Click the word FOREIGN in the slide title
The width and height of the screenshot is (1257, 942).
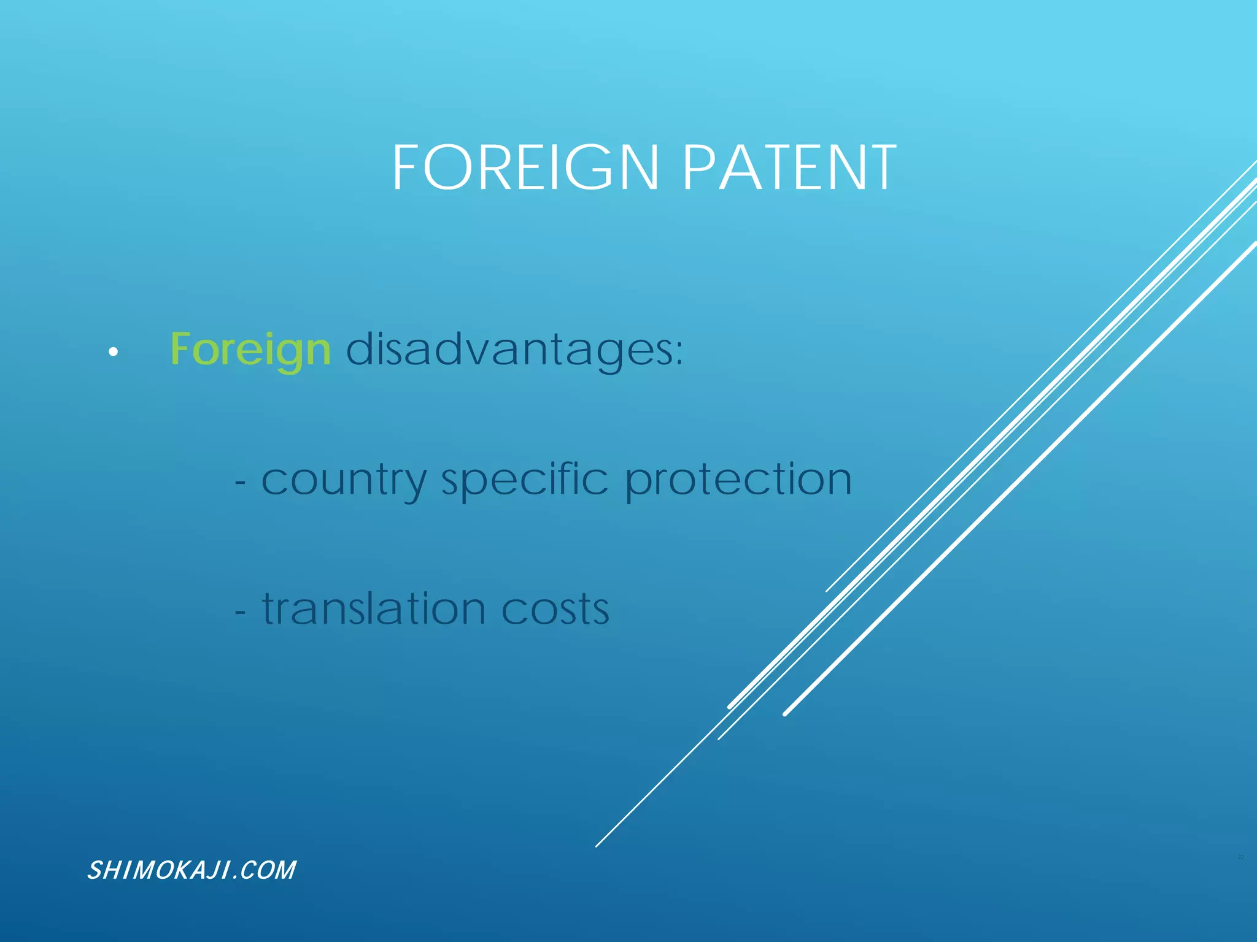coord(525,167)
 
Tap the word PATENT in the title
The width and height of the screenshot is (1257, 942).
coord(789,167)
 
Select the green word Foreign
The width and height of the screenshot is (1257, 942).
coord(250,350)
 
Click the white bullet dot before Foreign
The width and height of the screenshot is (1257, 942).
coord(113,352)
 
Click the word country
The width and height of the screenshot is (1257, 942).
coord(344,480)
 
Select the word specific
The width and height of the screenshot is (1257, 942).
coord(525,480)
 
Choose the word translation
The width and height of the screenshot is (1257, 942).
coord(374,608)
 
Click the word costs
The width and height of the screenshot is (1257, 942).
coord(555,610)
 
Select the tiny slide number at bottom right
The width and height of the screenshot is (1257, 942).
coord(1240,857)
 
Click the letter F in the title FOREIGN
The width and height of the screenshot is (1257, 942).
coord(405,167)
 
